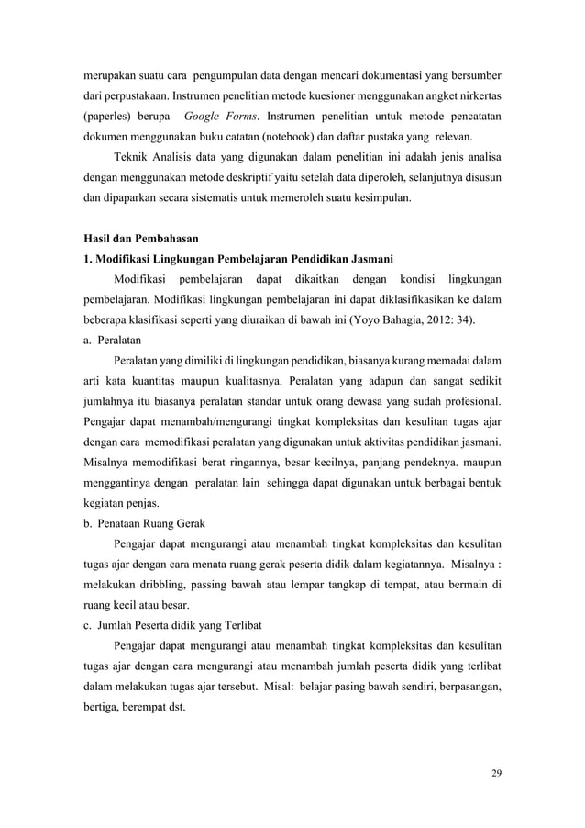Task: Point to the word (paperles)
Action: (x=100, y=118)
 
